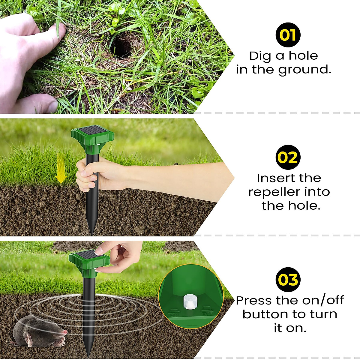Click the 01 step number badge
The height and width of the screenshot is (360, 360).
288,35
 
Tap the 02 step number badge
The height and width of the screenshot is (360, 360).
288,157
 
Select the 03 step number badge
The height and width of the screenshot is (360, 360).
288,280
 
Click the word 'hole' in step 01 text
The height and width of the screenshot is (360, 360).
303,55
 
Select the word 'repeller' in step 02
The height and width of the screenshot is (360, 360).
274,192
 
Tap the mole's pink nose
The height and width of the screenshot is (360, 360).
65,332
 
